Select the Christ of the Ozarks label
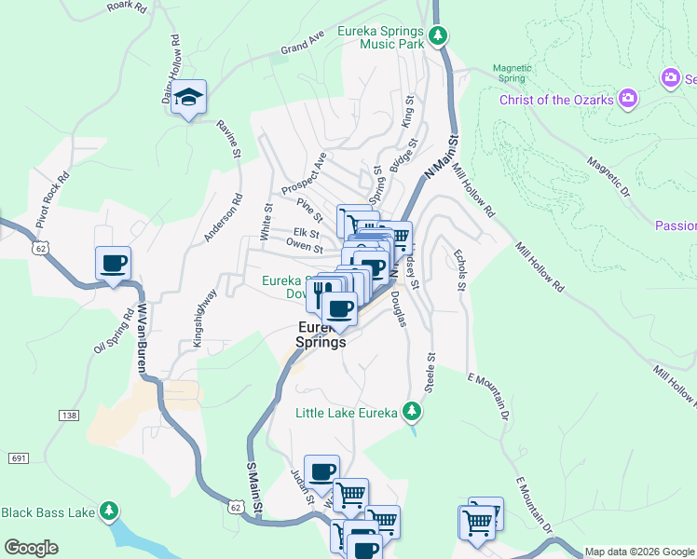tap(555, 100)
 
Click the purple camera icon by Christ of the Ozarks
tap(628, 98)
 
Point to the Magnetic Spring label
tap(512, 73)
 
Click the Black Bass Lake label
tap(47, 511)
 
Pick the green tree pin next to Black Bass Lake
tap(110, 511)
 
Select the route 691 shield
tap(20, 457)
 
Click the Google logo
tap(31, 548)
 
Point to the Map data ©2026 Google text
tap(639, 552)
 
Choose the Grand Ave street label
tap(302, 43)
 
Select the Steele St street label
tap(430, 372)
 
